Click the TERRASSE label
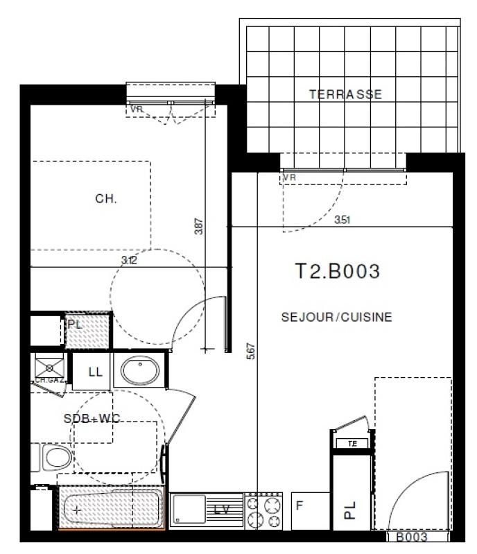pos(345,94)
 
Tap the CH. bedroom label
pos(106,198)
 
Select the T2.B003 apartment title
pos(338,271)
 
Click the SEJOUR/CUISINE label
pos(337,318)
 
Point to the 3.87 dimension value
pos(199,228)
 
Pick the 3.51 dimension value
pos(342,220)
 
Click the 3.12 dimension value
pos(128,260)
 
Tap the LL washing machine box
pos(95,372)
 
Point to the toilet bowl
pos(54,458)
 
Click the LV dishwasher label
pos(221,510)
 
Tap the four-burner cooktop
pos(264,511)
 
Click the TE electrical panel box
pos(353,442)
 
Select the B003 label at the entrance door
pos(411,537)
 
